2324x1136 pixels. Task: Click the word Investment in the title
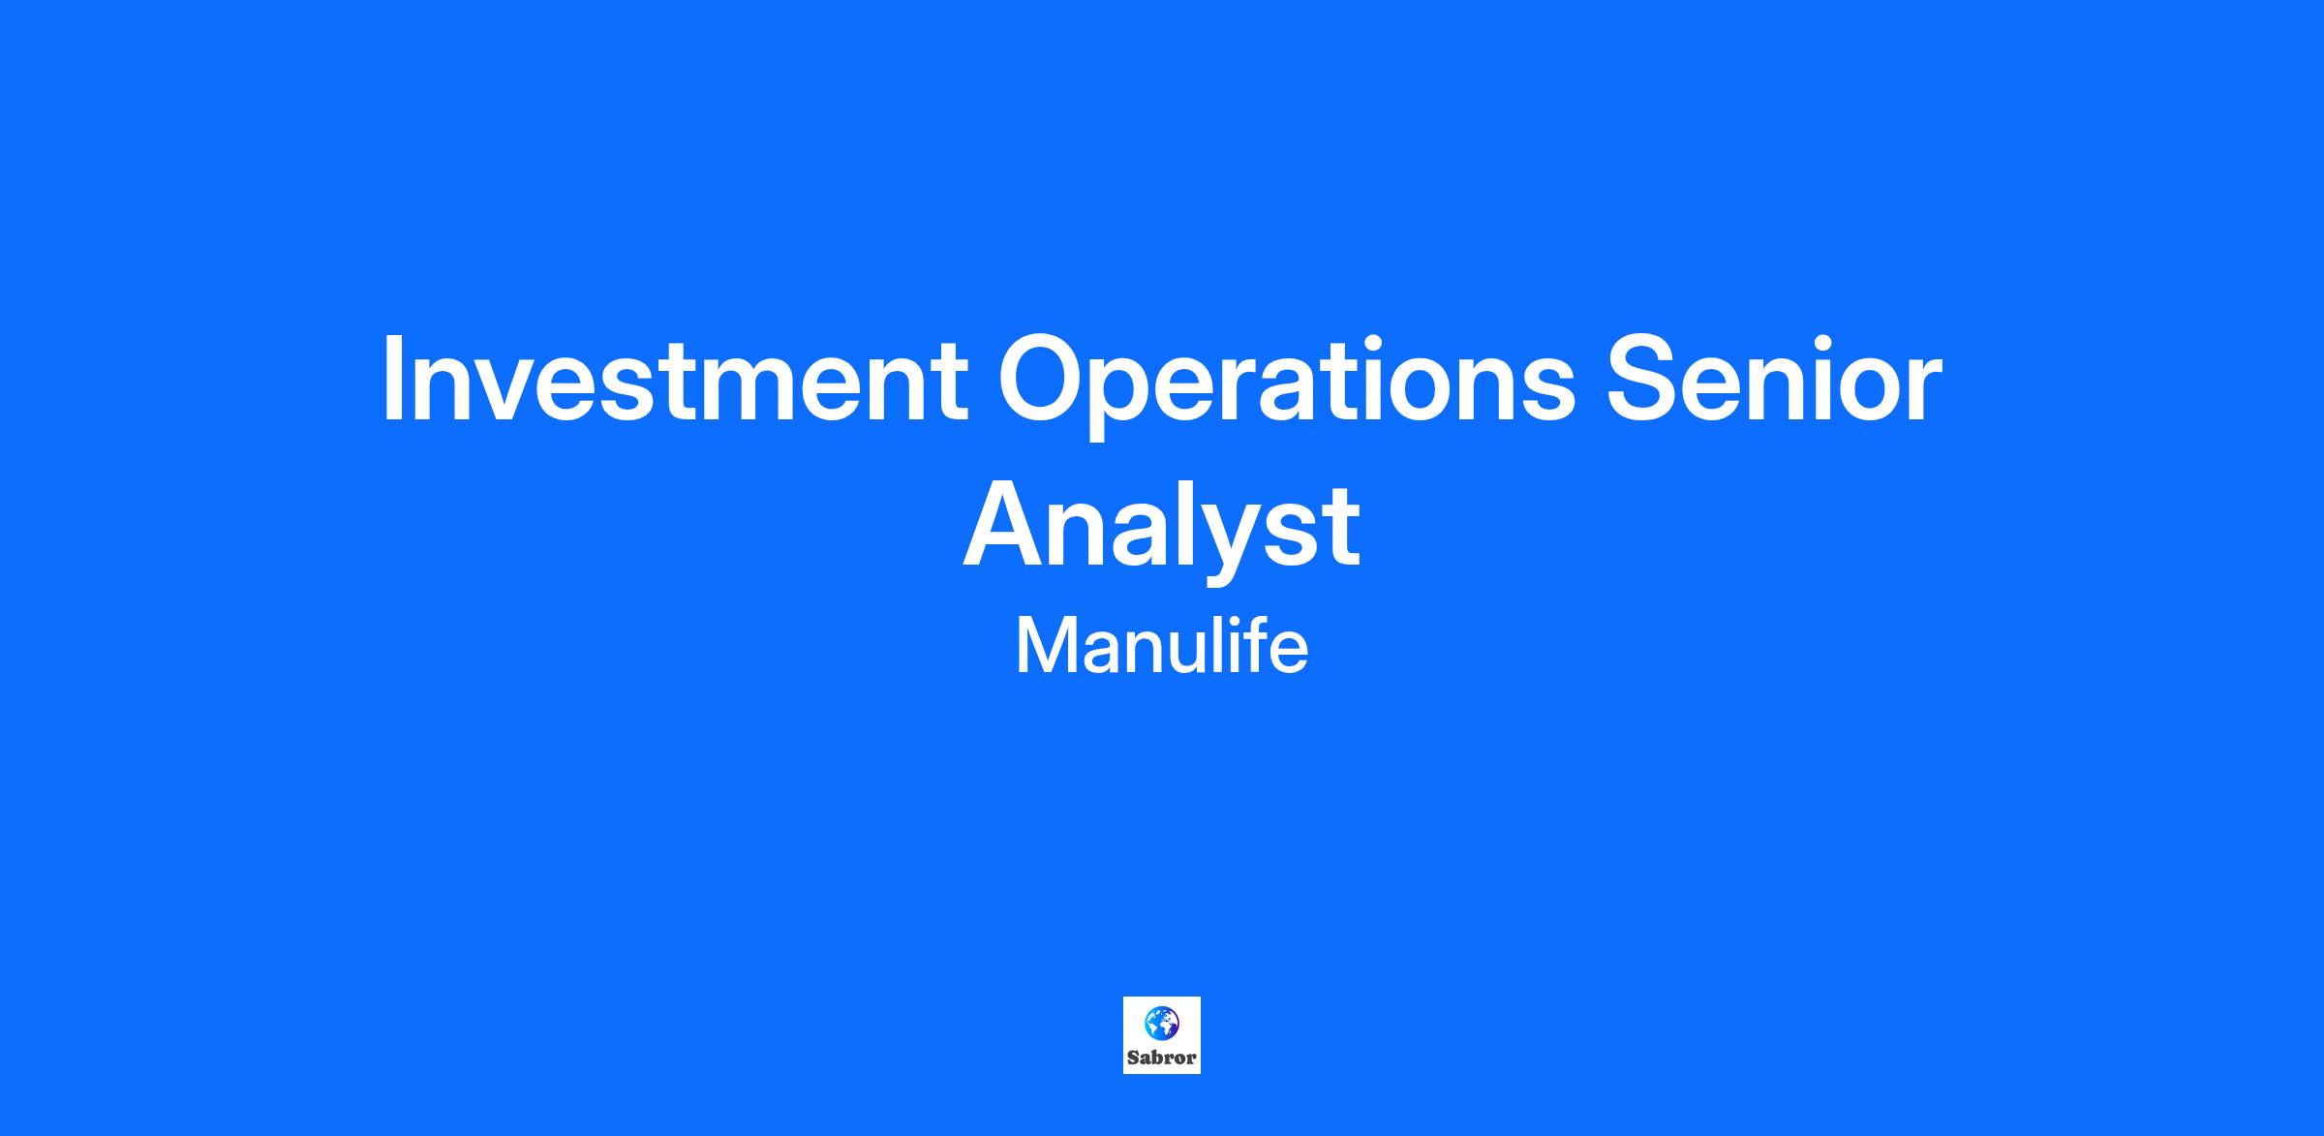point(676,379)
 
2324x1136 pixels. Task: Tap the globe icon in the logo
point(1162,1022)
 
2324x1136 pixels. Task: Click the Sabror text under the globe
point(1162,1058)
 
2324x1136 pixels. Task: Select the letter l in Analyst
point(1181,524)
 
